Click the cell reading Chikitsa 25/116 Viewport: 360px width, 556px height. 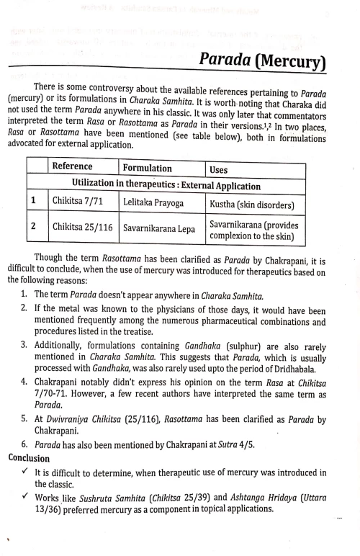pos(83,228)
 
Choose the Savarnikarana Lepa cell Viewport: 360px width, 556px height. pos(159,229)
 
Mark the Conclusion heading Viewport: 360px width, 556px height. pos(30,457)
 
